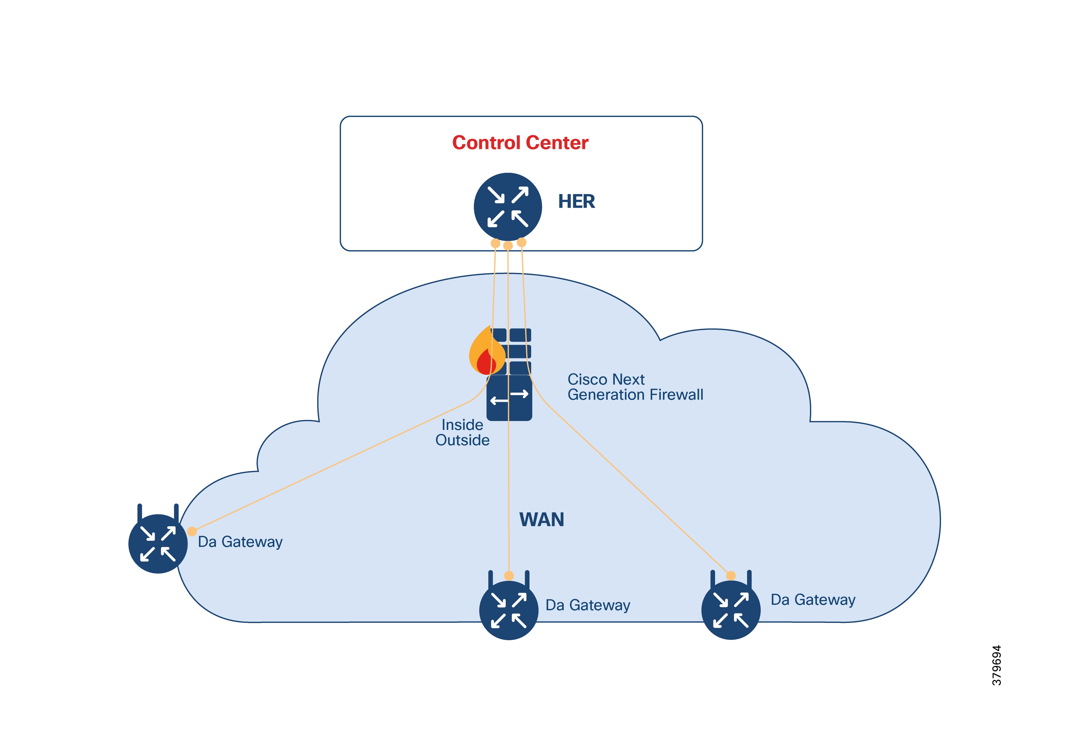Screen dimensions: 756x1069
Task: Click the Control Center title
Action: coord(520,143)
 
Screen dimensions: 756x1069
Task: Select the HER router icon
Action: coord(508,207)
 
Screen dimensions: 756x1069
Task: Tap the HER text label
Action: coord(577,201)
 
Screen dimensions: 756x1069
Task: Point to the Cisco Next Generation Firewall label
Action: coord(635,387)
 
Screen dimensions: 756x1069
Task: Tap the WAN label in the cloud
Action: coord(541,519)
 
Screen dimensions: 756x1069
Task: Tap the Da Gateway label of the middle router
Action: coord(588,605)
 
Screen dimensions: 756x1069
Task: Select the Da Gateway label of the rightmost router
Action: coord(813,600)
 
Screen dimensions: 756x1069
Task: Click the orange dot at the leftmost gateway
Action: coord(192,531)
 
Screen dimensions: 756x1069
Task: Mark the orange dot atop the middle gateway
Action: coord(509,576)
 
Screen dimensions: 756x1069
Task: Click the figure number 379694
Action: coord(996,665)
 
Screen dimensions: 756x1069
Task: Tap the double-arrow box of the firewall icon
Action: coord(509,398)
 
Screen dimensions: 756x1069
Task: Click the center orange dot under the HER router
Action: coord(508,246)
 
